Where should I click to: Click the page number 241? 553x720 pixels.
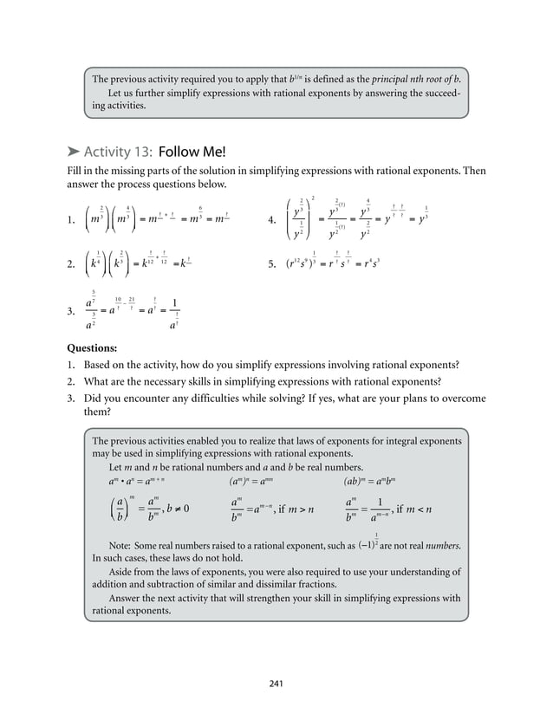click(x=276, y=684)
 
